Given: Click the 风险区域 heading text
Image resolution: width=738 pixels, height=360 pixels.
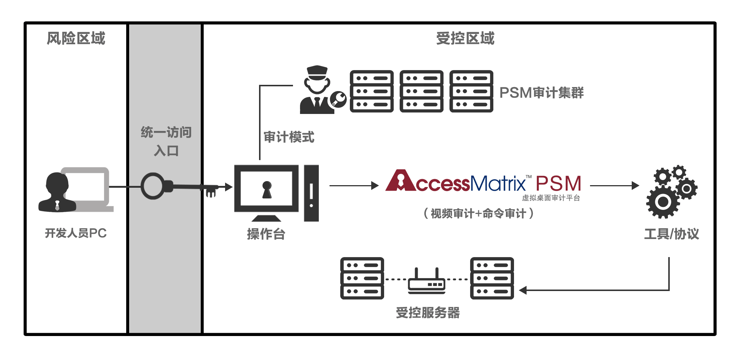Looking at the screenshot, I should click(76, 38).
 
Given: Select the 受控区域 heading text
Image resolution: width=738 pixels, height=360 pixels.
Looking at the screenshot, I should click(465, 38).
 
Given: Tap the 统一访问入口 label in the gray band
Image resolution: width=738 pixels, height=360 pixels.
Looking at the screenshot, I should click(166, 141).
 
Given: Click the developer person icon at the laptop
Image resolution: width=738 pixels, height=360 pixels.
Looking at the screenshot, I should click(56, 192).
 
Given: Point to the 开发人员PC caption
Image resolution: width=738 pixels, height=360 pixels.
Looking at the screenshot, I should click(76, 233).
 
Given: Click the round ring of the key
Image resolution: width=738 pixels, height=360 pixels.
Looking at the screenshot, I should click(153, 186).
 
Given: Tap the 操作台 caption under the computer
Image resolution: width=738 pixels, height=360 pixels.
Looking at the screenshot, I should click(266, 234).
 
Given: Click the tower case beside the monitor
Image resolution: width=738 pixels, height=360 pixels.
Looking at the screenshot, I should click(311, 193).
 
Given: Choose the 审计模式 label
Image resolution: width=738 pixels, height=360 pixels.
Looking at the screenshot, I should click(289, 137).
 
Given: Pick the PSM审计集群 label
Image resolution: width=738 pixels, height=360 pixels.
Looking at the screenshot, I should click(541, 93).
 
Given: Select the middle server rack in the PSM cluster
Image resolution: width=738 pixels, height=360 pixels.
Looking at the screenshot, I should click(421, 91).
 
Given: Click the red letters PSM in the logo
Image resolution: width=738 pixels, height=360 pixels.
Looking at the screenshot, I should click(558, 183).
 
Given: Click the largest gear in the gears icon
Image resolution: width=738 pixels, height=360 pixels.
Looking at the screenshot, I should click(663, 202).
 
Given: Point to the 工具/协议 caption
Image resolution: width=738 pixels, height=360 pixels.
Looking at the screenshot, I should click(672, 234).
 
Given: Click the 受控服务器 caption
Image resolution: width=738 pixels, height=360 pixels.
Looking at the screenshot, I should click(428, 313).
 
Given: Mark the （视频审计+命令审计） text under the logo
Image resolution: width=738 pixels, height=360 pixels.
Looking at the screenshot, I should click(479, 213).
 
